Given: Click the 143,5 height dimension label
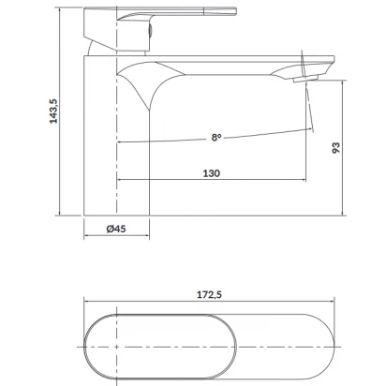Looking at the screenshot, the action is [53, 111].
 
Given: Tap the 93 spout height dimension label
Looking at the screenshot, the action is [335, 147].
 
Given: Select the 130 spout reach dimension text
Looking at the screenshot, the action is [212, 173].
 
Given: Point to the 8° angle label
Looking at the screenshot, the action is [216, 137].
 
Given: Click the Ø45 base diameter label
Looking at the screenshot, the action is [116, 229].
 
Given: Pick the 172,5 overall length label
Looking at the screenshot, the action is [209, 294].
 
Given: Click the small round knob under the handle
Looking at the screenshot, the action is [150, 32].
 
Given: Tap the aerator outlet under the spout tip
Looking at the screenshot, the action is [305, 79].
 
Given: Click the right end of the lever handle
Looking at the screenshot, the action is [236, 11].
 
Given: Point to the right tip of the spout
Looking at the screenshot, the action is [334, 59].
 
